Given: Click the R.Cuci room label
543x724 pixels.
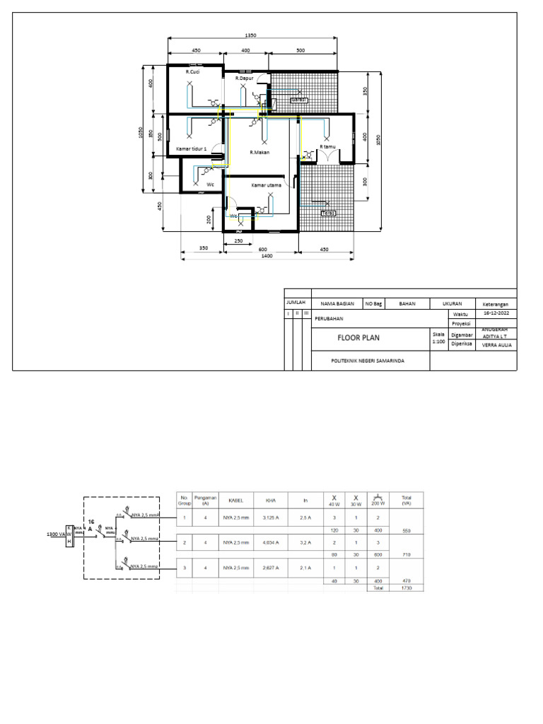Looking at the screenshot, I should pyautogui.click(x=192, y=72).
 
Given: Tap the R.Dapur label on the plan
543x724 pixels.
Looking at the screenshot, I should pyautogui.click(x=244, y=78).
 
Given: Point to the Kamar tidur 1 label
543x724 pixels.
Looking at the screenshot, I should pyautogui.click(x=191, y=149).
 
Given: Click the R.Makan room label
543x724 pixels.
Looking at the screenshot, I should pyautogui.click(x=259, y=152).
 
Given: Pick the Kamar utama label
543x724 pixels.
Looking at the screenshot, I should pyautogui.click(x=267, y=185).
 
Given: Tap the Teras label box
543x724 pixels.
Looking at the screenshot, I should pyautogui.click(x=328, y=213).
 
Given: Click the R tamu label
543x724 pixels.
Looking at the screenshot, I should pyautogui.click(x=327, y=147).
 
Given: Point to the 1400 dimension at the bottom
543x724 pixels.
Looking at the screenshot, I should pyautogui.click(x=266, y=257).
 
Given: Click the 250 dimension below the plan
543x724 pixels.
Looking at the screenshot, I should pyautogui.click(x=238, y=241).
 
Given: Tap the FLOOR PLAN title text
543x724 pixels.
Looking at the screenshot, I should pyautogui.click(x=358, y=338).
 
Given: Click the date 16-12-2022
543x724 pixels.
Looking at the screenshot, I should pyautogui.click(x=496, y=313).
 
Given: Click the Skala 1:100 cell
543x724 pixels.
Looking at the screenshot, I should pyautogui.click(x=438, y=338).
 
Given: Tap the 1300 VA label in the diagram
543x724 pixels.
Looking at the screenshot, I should pyautogui.click(x=55, y=534).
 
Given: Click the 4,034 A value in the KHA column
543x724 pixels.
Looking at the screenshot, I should pyautogui.click(x=270, y=542).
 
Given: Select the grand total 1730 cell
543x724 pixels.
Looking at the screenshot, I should pyautogui.click(x=406, y=588).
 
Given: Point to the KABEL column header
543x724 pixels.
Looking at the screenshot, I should pyautogui.click(x=235, y=500).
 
